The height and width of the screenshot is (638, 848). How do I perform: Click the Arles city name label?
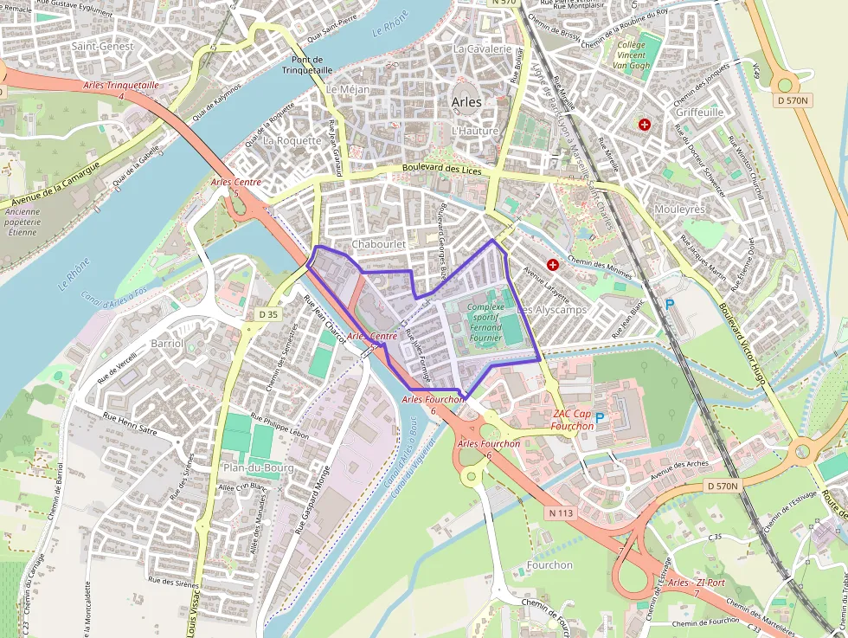pos(467,102)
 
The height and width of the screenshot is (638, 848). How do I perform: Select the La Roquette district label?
pos(292,140)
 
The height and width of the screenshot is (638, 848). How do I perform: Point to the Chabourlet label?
pos(378,245)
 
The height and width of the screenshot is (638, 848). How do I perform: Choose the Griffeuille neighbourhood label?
pos(700,113)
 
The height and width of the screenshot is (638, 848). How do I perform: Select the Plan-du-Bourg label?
pos(259,467)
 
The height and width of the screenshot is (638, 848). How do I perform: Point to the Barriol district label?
pos(166,343)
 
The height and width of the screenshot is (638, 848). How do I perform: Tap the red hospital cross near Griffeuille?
pos(644,126)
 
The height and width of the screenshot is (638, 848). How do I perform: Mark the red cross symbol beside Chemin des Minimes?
pos(552,264)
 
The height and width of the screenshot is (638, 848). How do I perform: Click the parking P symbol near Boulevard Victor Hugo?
pos(669,305)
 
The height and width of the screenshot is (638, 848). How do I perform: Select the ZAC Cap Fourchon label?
pos(572,419)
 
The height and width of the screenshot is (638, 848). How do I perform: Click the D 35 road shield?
pos(269,314)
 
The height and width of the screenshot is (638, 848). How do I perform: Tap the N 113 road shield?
pos(562,512)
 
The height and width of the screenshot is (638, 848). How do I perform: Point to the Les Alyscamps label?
pos(551,309)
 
